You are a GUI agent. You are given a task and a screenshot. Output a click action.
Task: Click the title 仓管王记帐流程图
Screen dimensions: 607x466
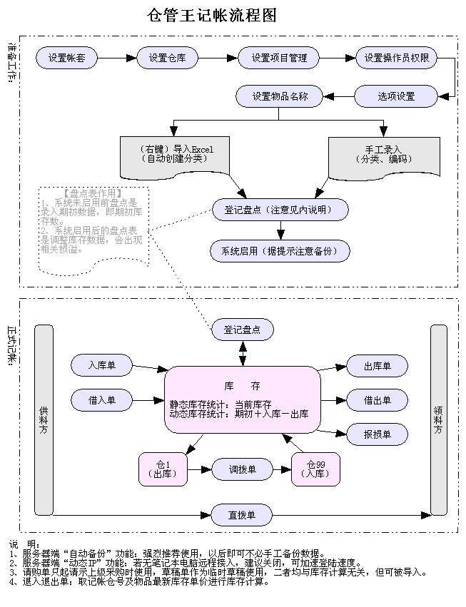212,16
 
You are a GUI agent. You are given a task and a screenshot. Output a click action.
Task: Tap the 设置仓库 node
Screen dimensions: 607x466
168,58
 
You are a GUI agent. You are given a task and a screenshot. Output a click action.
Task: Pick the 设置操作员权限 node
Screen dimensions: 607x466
396,58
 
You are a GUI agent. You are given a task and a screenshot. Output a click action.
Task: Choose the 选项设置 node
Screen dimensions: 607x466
396,96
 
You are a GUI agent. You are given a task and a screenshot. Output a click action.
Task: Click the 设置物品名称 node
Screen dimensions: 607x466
280,96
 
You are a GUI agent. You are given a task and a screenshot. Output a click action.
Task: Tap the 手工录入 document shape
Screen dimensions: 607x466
384,155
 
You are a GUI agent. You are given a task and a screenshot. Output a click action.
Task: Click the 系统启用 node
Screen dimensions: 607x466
280,251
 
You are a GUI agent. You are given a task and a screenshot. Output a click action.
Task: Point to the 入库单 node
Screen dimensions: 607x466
102,366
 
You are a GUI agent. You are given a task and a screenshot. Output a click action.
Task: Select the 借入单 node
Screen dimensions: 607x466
102,400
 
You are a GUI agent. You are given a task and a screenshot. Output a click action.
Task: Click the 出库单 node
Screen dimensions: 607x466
377,366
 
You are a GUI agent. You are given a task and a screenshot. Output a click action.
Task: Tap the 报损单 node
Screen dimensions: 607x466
377,434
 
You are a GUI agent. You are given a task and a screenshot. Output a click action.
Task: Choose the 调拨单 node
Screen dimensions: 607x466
242,469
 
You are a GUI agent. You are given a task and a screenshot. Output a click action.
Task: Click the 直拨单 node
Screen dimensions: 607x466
242,514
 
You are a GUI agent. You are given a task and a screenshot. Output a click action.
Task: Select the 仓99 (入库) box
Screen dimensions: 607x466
315,469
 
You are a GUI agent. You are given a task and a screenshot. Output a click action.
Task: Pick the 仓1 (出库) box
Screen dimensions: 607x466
163,469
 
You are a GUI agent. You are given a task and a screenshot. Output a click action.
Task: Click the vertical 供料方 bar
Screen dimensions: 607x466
44,419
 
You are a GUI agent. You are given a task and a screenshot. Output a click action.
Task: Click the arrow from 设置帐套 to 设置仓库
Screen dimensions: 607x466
116,58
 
